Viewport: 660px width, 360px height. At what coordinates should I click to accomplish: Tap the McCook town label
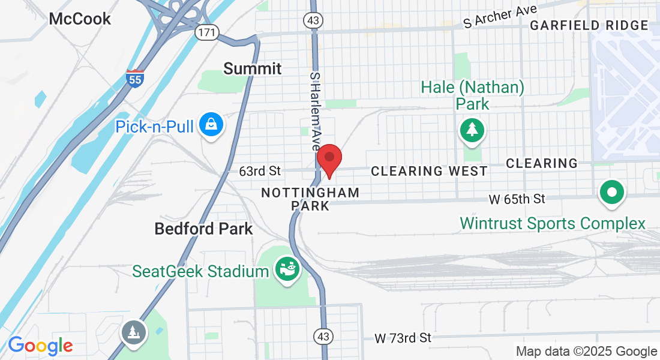pos(80,19)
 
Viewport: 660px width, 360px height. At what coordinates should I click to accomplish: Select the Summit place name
pos(253,68)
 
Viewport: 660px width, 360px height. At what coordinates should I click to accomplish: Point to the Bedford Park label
pos(203,229)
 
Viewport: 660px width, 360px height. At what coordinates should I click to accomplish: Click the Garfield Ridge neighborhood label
pos(589,25)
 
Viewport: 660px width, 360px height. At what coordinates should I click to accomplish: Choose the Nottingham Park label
pos(310,199)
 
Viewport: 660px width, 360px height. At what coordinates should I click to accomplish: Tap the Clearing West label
pos(429,172)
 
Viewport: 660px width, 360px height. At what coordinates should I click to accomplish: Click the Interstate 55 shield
pos(135,79)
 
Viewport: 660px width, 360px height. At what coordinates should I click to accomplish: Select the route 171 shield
pos(206,32)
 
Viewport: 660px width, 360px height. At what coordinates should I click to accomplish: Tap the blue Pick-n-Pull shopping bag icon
pos(212,125)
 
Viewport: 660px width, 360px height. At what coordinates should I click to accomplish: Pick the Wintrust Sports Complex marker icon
pos(612,194)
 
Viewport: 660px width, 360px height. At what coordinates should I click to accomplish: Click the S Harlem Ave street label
pos(314,110)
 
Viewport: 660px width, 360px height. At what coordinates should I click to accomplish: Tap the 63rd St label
pos(260,172)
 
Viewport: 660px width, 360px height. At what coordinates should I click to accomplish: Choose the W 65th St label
pos(517,198)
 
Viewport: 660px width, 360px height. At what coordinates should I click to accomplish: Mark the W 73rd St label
pos(403,338)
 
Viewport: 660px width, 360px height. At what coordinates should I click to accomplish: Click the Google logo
pos(40,346)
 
